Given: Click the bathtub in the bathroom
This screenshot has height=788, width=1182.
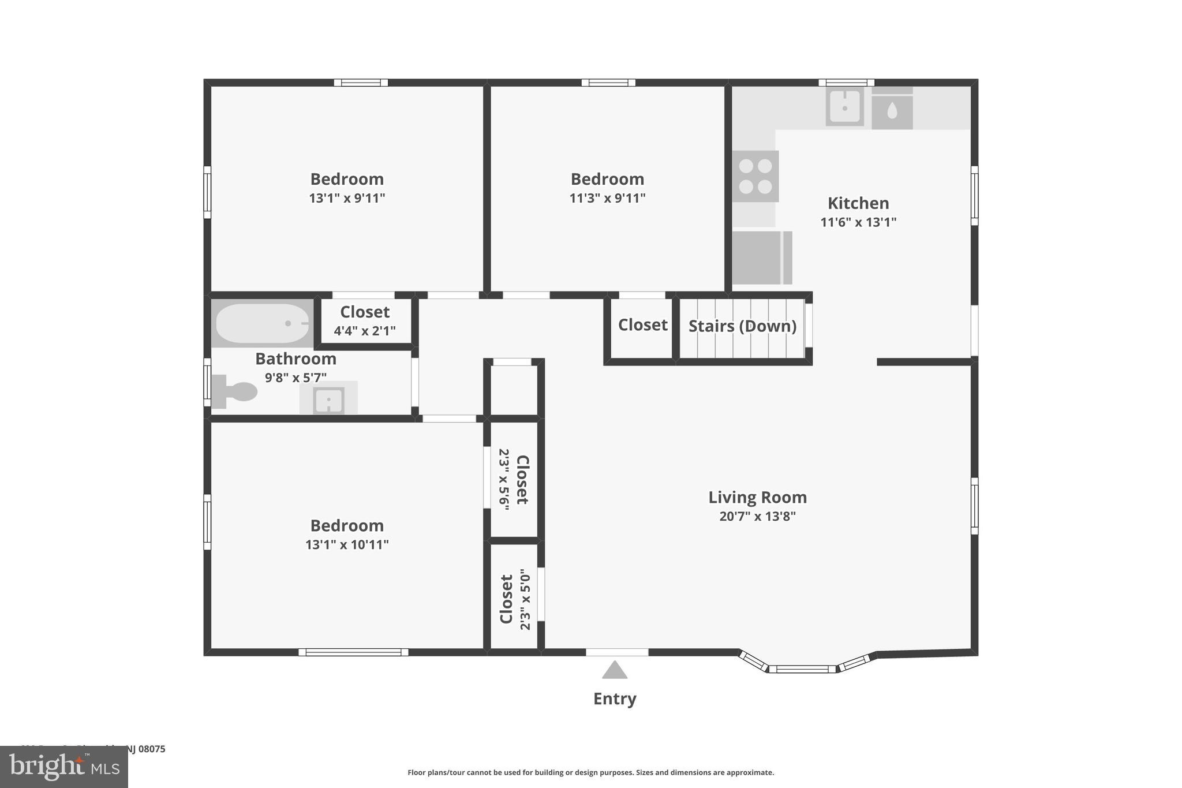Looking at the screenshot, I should point(263,324).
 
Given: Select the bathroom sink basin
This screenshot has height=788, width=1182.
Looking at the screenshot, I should point(328,399).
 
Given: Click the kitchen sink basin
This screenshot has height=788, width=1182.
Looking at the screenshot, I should point(844,107).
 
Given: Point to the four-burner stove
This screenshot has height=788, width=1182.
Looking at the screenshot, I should point(755,176).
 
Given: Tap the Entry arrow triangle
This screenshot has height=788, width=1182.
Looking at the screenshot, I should point(615,670).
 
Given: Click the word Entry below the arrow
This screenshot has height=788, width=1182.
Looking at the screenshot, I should point(615,699).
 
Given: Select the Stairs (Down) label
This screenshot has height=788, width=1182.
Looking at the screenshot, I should point(742,326).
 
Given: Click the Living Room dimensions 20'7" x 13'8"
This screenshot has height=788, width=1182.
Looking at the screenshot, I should point(757,516).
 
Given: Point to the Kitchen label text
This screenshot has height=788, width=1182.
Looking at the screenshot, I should point(858,203).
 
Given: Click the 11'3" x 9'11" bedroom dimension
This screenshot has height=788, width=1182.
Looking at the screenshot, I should point(607,198).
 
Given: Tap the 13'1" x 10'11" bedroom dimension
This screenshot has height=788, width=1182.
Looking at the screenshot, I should point(347,544).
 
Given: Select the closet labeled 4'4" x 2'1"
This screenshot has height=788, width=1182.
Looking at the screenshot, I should point(365,321).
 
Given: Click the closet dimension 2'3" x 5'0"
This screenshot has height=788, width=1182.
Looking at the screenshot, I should point(525,599).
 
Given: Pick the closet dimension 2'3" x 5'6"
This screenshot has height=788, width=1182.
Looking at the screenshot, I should point(503,480).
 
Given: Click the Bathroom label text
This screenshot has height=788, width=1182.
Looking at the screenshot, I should point(295,359).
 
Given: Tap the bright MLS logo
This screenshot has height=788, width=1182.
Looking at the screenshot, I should point(64,767).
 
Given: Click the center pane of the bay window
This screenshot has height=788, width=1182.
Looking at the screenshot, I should point(802,669).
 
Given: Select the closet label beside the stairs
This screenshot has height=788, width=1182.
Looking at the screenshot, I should point(642,325).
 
